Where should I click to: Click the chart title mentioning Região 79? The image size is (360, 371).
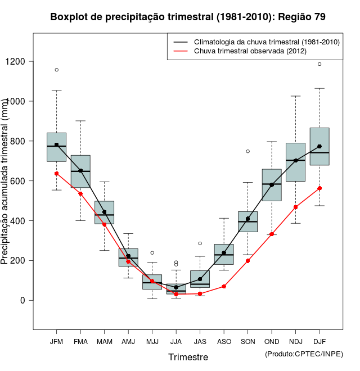click(188, 17)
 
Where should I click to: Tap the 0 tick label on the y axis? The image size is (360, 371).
click(22, 300)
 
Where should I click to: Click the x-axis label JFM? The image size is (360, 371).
click(56, 342)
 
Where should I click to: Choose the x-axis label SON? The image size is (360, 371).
click(247, 342)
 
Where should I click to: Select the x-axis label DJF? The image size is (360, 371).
click(319, 342)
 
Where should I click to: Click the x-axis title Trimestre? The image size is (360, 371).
click(188, 357)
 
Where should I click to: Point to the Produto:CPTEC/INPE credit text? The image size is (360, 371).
click(304, 354)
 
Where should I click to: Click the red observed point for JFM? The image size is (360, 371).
click(56, 174)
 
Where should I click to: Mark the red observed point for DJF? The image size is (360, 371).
click(319, 188)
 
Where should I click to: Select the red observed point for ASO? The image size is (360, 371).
click(224, 287)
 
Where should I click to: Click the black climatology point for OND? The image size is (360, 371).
click(272, 184)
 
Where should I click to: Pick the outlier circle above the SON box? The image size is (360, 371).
click(247, 151)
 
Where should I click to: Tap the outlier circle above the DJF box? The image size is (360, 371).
click(319, 64)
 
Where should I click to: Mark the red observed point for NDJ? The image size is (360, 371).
click(295, 207)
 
